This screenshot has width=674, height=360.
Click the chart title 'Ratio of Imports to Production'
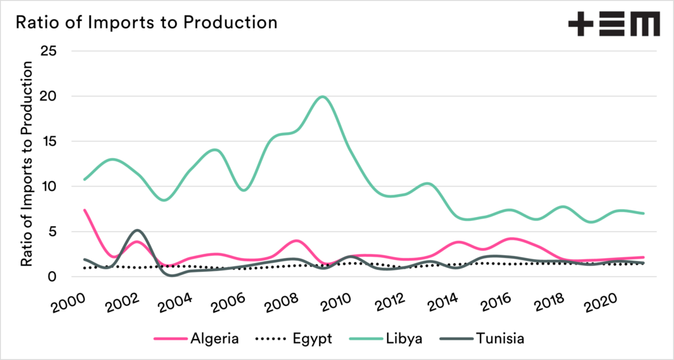pyautogui.click(x=146, y=22)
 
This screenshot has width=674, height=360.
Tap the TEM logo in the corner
pyautogui.click(x=613, y=25)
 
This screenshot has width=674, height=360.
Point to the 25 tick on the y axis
pyautogui.click(x=49, y=51)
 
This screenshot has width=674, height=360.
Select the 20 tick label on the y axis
pyautogui.click(x=49, y=96)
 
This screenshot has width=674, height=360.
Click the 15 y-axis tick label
pyautogui.click(x=49, y=141)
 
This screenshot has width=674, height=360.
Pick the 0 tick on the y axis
pyautogui.click(x=53, y=277)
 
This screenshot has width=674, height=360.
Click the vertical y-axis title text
pyautogui.click(x=27, y=165)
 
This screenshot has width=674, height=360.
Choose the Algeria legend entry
pyautogui.click(x=194, y=339)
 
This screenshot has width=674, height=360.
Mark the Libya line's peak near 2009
pyautogui.click(x=322, y=97)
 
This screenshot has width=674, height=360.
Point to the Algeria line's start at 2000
pyautogui.click(x=85, y=210)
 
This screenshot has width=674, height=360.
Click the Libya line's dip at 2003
pyautogui.click(x=164, y=199)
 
